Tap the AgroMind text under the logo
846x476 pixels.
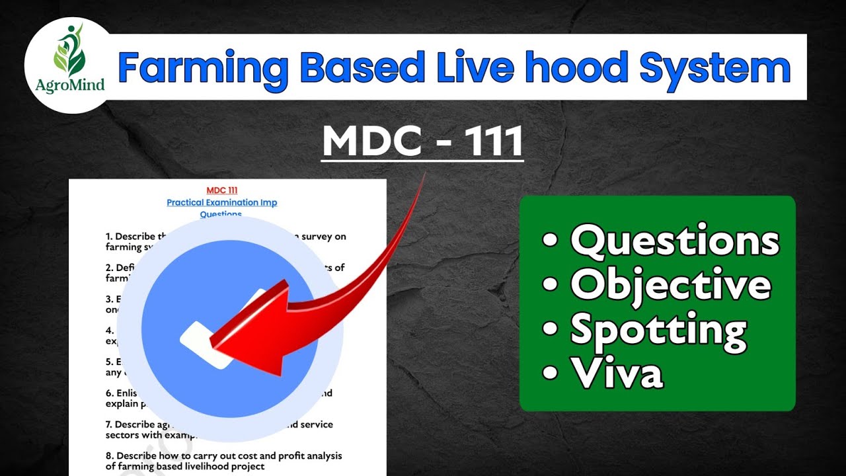click(x=69, y=84)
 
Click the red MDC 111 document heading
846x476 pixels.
click(x=221, y=190)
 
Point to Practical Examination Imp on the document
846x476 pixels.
click(x=221, y=202)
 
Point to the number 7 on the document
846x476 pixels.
click(x=108, y=424)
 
